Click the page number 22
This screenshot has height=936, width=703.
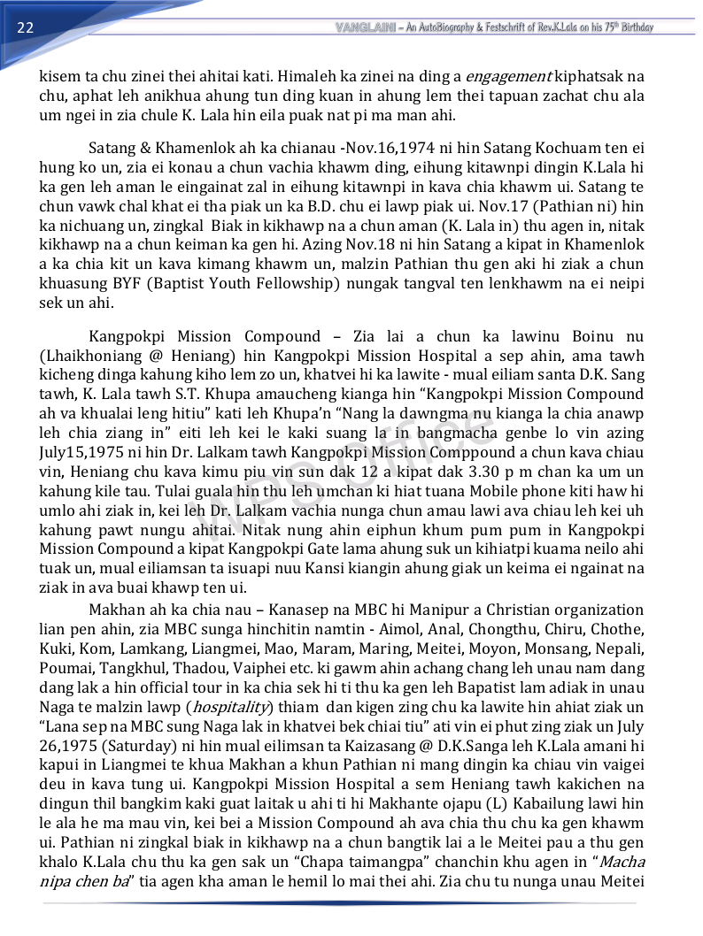25,27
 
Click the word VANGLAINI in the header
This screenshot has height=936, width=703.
365,27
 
